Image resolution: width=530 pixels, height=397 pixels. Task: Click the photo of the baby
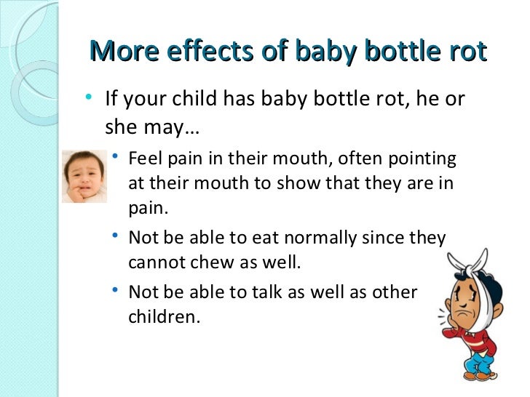tap(84, 176)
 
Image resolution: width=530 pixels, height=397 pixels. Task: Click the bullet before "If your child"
tap(88, 97)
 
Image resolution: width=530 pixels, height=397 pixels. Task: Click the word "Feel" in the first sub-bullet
tap(145, 159)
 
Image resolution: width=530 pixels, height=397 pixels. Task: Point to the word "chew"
tap(207, 262)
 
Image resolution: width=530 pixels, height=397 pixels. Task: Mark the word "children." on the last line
tap(163, 317)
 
